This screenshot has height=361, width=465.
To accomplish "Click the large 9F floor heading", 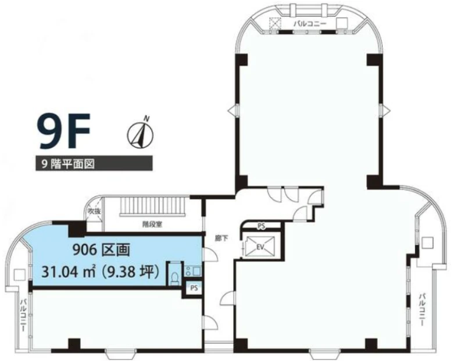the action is point(64,133).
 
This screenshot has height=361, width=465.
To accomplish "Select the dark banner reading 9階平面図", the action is point(94,163).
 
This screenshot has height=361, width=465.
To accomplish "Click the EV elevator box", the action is point(260,246).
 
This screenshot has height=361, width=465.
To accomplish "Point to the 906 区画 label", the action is point(101,251).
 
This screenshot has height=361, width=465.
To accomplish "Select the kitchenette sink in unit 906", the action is point(193,270).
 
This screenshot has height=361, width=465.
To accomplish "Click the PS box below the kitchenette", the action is point(194,288).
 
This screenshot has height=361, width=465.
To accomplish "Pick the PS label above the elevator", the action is point(261,226).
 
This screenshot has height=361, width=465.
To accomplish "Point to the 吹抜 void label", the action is point(94,211).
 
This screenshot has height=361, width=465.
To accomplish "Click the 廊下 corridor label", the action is point(221,238).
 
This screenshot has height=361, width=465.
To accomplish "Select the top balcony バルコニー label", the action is point(310,24).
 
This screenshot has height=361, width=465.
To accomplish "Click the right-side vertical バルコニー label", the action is point(423,309).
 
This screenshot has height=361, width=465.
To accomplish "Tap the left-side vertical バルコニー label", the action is point(23,315).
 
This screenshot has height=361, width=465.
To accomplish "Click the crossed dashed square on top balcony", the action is point(275,23).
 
